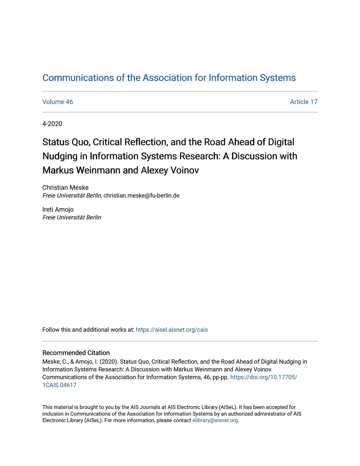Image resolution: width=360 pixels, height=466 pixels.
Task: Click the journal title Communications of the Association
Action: click(x=169, y=78)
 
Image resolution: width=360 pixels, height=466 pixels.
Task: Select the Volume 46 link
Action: click(x=58, y=102)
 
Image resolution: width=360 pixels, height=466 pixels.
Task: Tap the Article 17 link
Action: click(x=303, y=102)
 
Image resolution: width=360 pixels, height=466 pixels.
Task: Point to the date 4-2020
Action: click(x=52, y=124)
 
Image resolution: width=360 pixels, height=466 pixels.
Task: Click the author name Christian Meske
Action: click(x=65, y=188)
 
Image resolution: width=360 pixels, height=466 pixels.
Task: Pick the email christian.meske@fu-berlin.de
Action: click(x=141, y=196)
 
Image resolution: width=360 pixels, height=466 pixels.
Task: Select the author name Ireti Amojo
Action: click(x=58, y=210)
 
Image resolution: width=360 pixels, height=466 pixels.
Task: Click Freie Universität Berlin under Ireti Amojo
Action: click(x=72, y=218)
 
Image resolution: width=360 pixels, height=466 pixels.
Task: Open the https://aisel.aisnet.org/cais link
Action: click(x=172, y=330)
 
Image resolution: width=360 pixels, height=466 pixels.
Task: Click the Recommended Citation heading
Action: click(x=76, y=353)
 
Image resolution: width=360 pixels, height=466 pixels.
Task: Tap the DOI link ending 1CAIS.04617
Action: click(x=59, y=385)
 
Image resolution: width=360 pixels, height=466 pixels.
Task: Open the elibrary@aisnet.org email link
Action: click(x=215, y=421)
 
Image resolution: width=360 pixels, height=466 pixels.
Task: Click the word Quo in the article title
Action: click(x=81, y=142)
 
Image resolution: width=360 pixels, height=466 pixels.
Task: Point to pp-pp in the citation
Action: click(x=220, y=377)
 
